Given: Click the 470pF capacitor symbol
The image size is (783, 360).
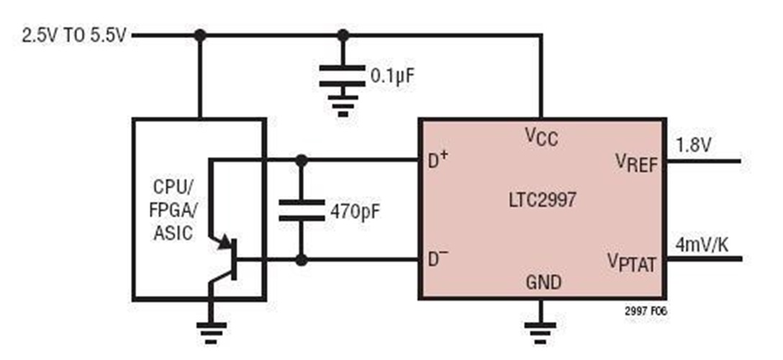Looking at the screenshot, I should (301, 209).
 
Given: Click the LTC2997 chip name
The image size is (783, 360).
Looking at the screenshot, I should (541, 199).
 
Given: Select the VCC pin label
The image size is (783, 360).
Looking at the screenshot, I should (541, 136).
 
